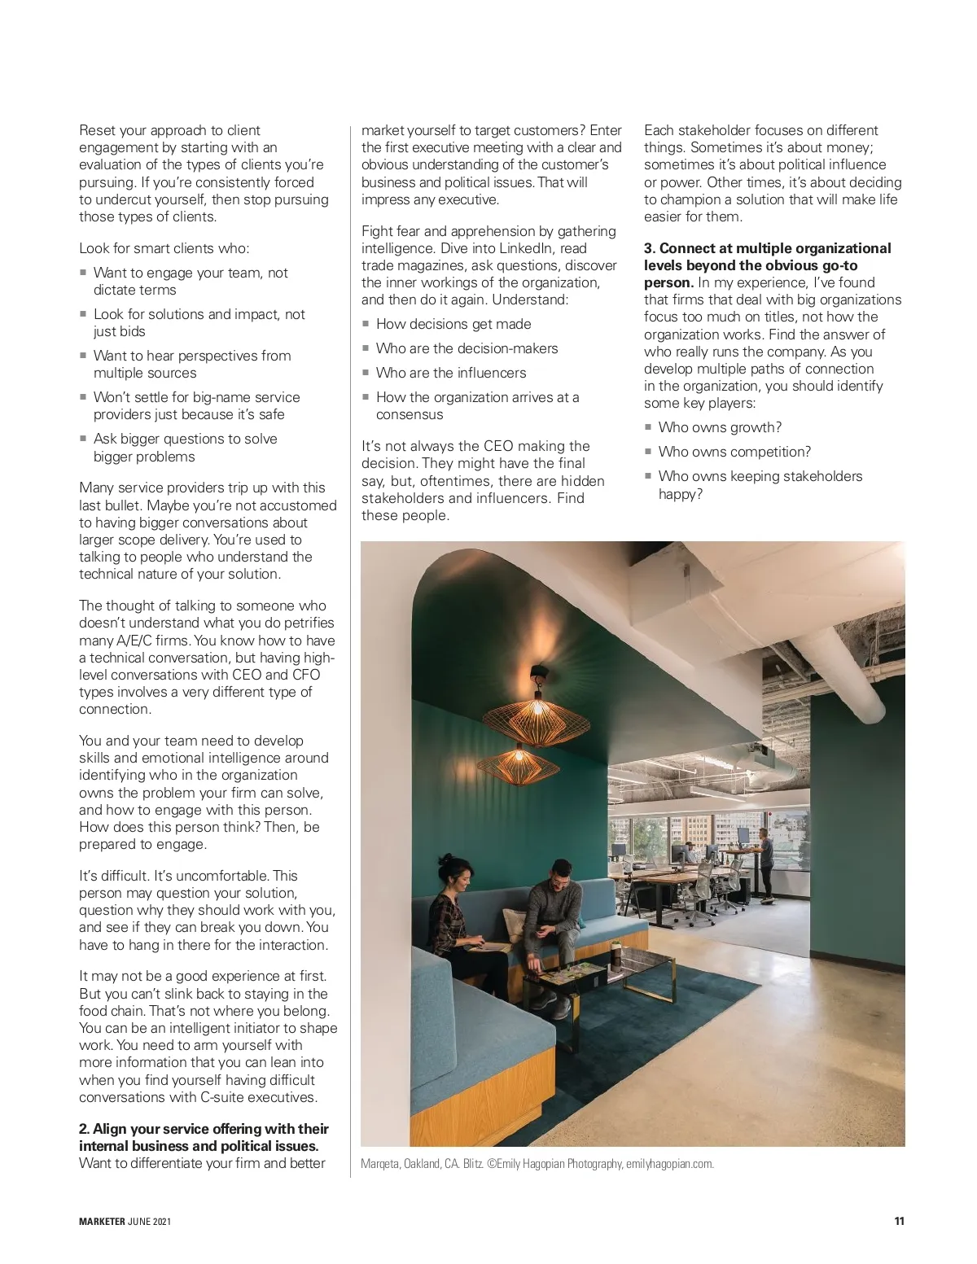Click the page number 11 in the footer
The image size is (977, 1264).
click(x=899, y=1221)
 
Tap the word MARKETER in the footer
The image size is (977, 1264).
click(x=102, y=1222)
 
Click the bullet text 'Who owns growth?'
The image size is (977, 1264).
click(x=720, y=427)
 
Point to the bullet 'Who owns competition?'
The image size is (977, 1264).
click(x=734, y=452)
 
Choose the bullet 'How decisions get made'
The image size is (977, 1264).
click(x=453, y=324)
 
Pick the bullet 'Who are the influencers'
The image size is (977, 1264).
click(x=451, y=373)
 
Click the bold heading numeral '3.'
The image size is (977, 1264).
click(x=650, y=248)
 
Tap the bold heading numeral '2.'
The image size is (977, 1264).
click(x=84, y=1129)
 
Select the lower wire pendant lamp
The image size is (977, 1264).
click(x=518, y=763)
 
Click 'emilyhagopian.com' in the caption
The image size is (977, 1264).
click(x=669, y=1164)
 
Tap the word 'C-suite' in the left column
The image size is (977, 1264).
click(x=223, y=1097)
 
